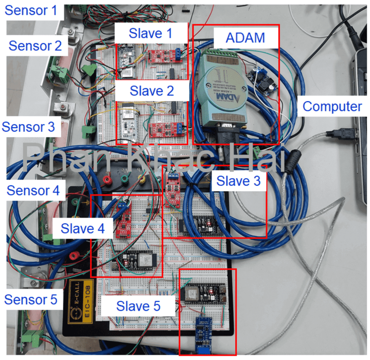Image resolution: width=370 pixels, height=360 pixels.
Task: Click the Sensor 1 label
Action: (x=31, y=10)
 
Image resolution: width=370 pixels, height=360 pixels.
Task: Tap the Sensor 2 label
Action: (x=35, y=45)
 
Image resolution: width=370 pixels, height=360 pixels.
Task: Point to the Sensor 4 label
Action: (x=33, y=190)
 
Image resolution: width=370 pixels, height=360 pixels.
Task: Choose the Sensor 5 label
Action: (x=31, y=299)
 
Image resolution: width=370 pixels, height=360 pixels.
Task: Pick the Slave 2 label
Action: (x=151, y=90)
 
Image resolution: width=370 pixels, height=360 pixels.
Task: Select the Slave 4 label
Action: (x=83, y=228)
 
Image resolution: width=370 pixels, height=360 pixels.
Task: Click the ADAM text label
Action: (x=245, y=37)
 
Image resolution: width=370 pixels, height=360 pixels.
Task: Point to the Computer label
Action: (x=332, y=107)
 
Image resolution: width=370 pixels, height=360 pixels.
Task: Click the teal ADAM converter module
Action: (x=221, y=91)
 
